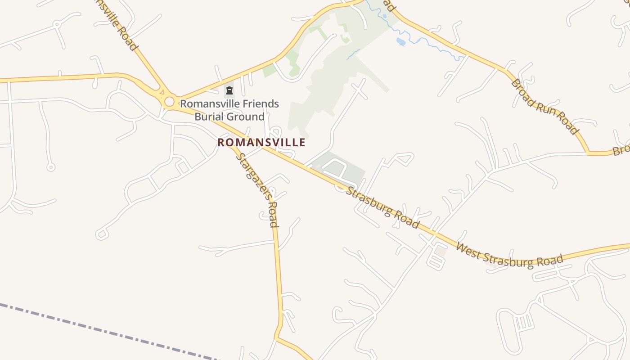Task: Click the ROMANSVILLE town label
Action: pos(261,143)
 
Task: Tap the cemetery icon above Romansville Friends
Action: pos(229,91)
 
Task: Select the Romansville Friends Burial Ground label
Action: pos(229,110)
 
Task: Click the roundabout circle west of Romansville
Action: pos(169,102)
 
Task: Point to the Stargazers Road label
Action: pos(258,190)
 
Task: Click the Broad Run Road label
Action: pos(544,107)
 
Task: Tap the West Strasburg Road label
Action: pos(509,255)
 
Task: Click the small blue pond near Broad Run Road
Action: pos(400,42)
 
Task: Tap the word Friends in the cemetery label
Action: pos(261,104)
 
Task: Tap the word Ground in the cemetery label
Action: pos(245,117)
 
